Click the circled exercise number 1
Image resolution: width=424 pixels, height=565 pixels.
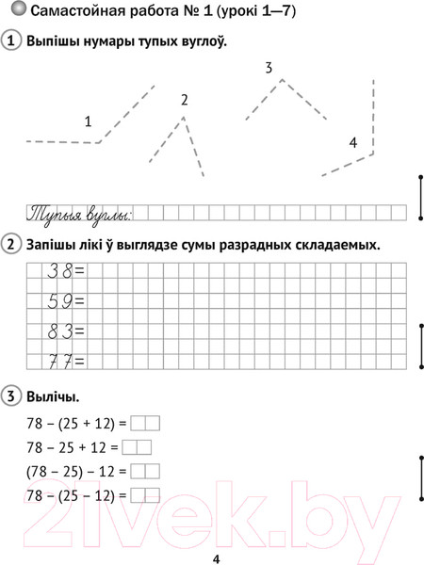click(x=12, y=42)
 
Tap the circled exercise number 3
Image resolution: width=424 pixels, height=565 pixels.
click(x=12, y=394)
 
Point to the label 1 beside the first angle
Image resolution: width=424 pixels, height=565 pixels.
click(x=88, y=121)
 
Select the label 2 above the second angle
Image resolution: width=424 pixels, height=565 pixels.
click(x=184, y=100)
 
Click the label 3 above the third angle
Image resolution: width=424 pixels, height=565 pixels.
click(x=269, y=68)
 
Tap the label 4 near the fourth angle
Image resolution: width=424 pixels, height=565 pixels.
click(x=352, y=142)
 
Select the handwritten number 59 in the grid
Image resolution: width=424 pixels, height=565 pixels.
click(x=59, y=301)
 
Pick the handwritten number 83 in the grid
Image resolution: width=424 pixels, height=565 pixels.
click(x=59, y=331)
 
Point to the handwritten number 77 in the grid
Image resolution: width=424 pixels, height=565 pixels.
click(x=59, y=361)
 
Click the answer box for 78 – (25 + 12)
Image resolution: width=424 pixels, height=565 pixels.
click(x=145, y=423)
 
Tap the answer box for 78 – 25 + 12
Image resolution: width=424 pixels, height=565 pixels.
click(x=137, y=446)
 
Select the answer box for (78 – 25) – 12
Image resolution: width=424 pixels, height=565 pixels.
click(x=145, y=471)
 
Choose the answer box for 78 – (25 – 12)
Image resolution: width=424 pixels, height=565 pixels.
click(x=145, y=494)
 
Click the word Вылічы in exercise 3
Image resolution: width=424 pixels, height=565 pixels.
click(x=54, y=395)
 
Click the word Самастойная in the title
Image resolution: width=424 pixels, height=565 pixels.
click(x=79, y=12)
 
